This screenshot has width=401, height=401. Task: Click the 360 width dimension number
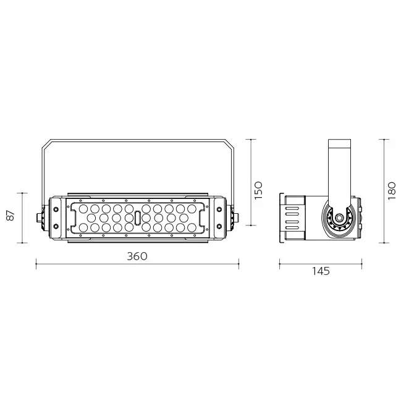(137, 256)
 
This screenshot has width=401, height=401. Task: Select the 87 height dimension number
(10, 217)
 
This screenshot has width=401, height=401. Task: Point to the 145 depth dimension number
(320, 271)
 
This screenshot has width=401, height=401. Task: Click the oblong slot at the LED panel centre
(137, 218)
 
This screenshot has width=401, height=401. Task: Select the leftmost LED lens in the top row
(83, 208)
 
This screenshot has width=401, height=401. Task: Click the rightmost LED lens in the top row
(192, 208)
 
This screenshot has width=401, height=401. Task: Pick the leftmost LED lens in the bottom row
(83, 228)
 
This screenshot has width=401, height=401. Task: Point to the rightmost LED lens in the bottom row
(192, 228)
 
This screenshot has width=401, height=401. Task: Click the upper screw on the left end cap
(56, 209)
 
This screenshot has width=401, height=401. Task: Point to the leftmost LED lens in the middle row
(91, 218)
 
